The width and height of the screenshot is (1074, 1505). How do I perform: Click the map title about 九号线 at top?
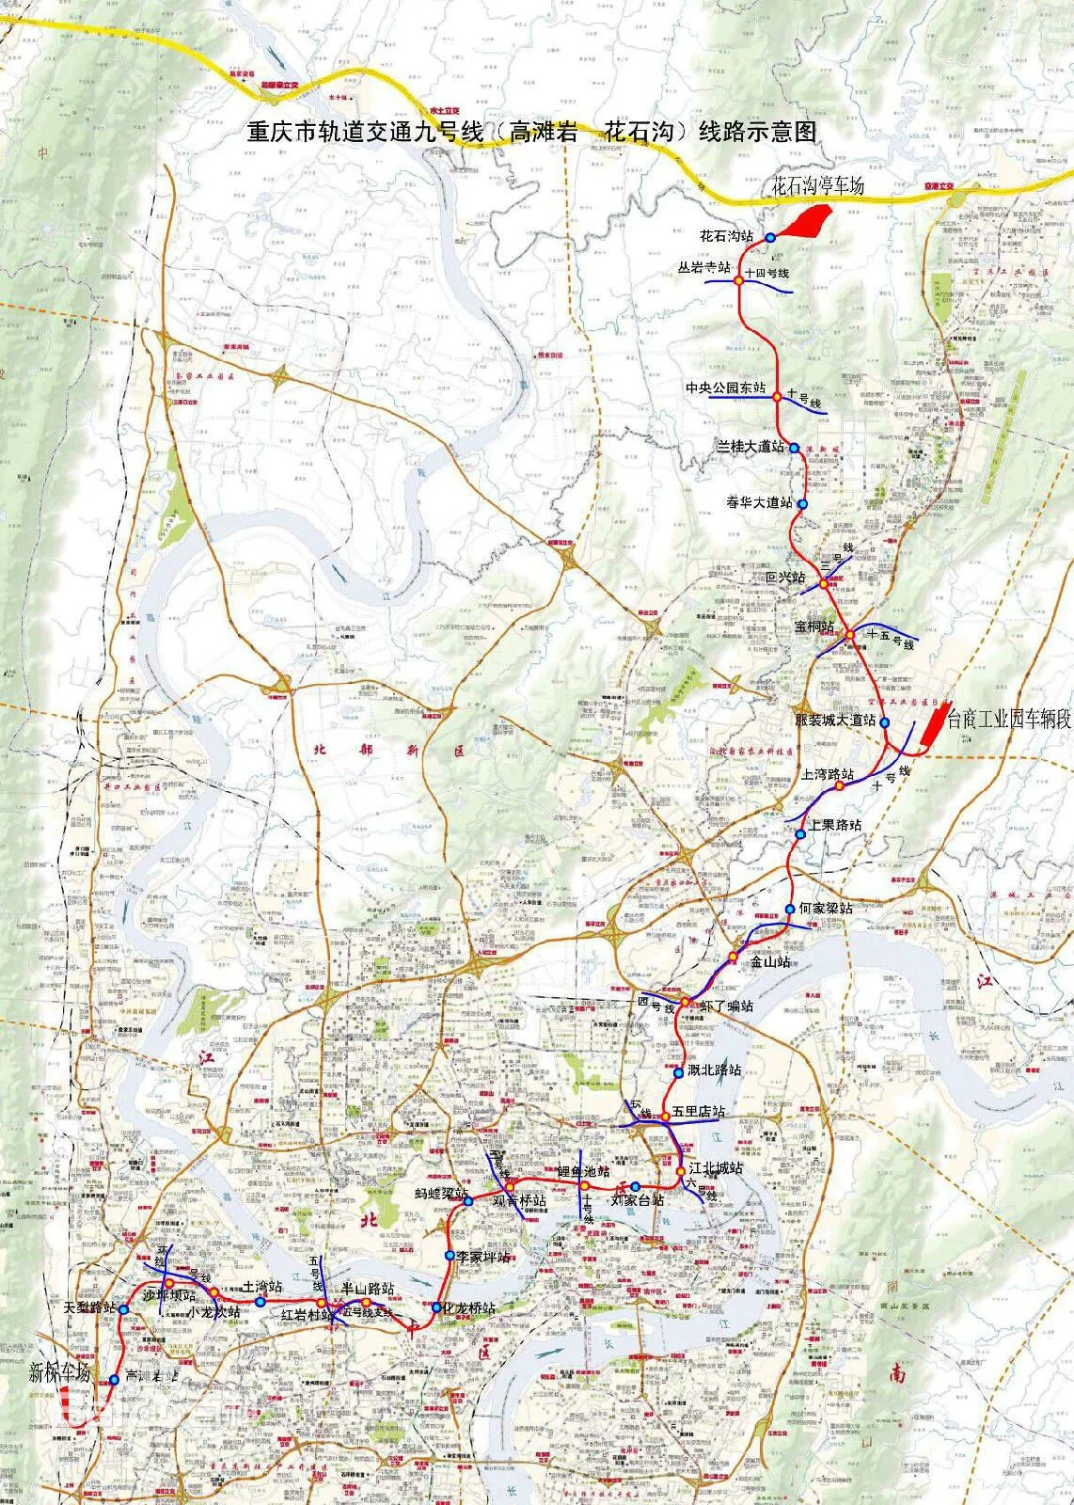531,132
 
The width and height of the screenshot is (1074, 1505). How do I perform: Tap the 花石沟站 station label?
727,235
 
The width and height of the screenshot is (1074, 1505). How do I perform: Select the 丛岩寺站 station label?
704,267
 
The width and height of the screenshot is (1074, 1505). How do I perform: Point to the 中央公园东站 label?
725,388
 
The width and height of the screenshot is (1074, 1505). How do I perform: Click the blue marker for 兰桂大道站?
795,448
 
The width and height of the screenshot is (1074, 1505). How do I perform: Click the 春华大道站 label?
759,502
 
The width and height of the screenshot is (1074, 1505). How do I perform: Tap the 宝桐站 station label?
814,626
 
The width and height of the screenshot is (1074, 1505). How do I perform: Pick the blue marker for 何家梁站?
790,909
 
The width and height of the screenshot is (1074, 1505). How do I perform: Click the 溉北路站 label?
714,1069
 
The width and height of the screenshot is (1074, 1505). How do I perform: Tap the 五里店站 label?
699,1112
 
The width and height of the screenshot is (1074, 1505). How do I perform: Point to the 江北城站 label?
716,1167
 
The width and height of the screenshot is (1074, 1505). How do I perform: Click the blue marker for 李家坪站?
450,1257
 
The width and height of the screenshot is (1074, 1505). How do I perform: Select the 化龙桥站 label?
469,1307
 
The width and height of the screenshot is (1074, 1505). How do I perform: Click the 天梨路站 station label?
89,1308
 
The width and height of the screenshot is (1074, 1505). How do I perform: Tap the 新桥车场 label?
59,1371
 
